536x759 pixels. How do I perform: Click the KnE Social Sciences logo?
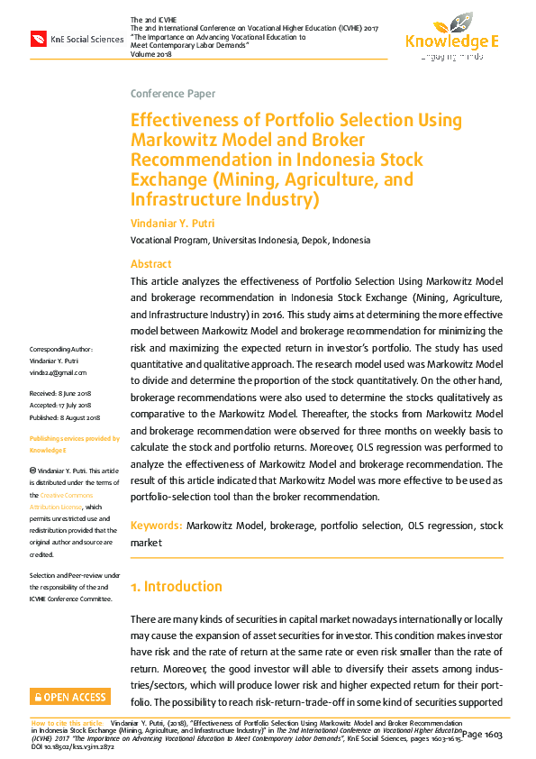[x=77, y=39]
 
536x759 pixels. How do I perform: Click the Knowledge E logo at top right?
[x=451, y=36]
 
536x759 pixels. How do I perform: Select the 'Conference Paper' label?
[x=173, y=94]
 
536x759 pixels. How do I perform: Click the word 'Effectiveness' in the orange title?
[x=184, y=121]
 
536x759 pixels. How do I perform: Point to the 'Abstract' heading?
[x=150, y=264]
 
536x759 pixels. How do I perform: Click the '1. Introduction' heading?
[x=176, y=587]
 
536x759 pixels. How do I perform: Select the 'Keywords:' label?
[x=157, y=526]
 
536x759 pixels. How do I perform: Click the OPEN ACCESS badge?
[x=70, y=697]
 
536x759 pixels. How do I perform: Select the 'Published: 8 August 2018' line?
[x=66, y=417]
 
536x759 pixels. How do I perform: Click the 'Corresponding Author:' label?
[x=61, y=349]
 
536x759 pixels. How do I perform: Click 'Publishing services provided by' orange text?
[x=74, y=439]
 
